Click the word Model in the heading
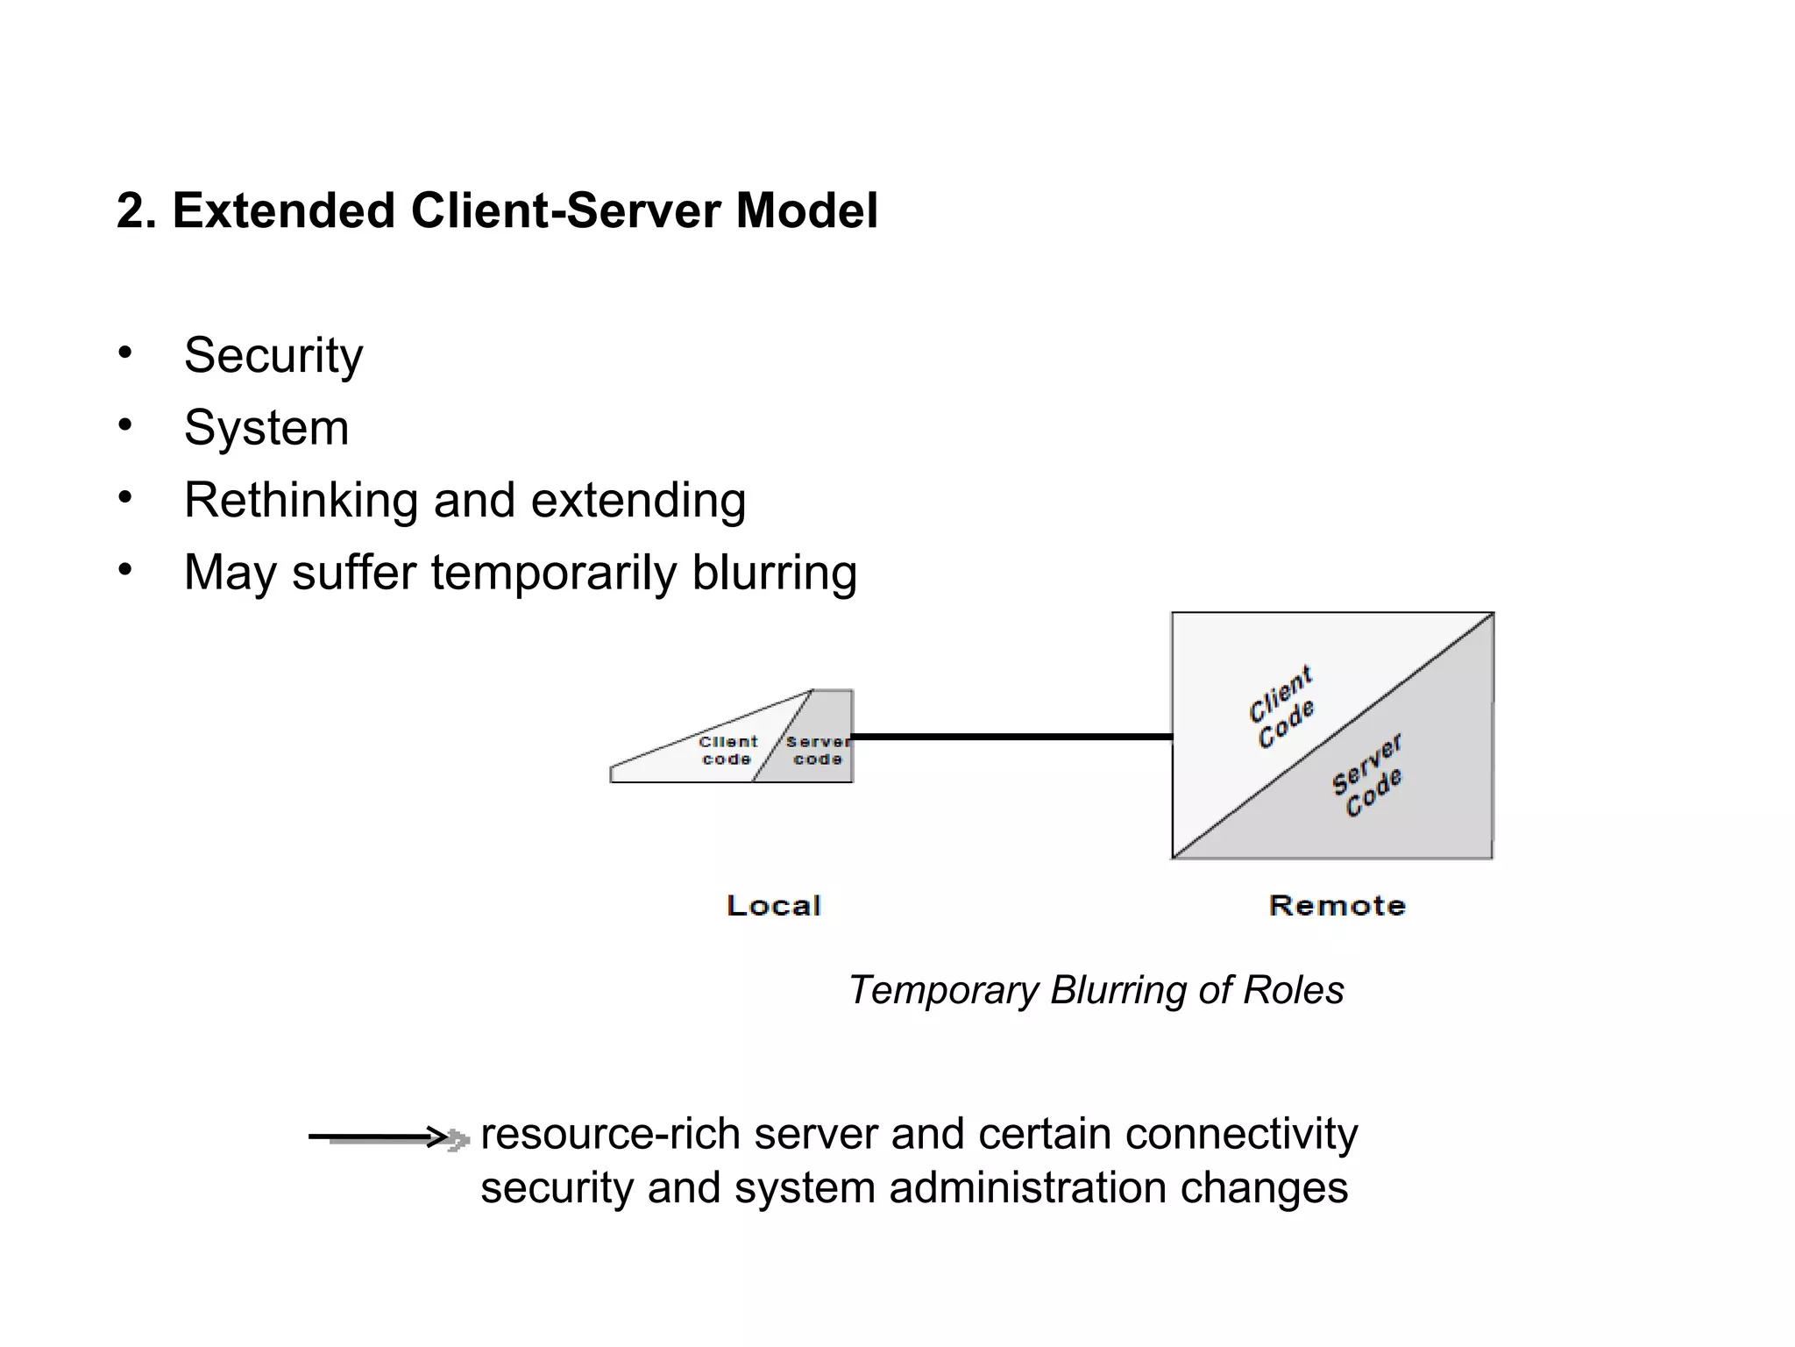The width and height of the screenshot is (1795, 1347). tap(805, 211)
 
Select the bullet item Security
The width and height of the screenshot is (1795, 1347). tap(273, 355)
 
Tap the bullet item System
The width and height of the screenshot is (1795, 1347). tap(266, 428)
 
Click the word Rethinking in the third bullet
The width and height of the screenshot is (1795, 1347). tap(301, 501)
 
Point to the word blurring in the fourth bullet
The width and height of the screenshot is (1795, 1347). tap(774, 573)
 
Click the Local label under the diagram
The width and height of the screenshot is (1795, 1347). tap(773, 906)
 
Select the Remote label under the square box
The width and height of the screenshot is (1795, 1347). tap(1337, 906)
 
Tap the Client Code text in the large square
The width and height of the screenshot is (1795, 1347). tap(1281, 707)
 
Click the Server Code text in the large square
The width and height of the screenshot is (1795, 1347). tap(1368, 775)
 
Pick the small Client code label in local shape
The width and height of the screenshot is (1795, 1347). tap(727, 751)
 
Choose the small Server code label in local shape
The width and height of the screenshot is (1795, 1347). tap(817, 751)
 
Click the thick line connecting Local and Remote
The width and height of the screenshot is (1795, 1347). tap(1011, 737)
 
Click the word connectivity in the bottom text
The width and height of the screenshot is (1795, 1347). tap(1241, 1133)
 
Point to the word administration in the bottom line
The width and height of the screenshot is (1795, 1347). tap(1029, 1187)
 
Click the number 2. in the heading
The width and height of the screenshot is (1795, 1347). tap(136, 211)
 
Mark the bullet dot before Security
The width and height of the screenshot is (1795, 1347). tap(125, 353)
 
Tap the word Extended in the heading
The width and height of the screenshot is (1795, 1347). tap(283, 211)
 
